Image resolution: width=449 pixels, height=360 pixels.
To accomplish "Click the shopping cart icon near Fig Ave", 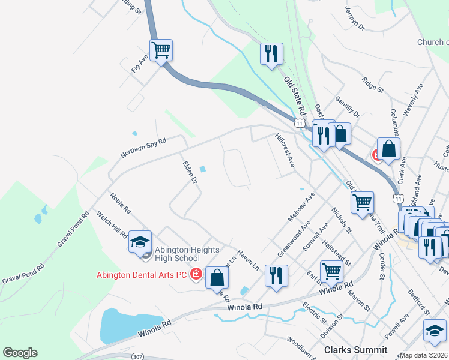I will tap(161, 50).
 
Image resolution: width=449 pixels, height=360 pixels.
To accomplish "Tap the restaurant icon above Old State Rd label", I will tap(271, 53).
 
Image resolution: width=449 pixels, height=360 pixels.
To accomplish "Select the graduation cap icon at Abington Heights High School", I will tap(140, 242).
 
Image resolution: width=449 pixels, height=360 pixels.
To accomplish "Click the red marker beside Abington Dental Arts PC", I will tap(195, 275).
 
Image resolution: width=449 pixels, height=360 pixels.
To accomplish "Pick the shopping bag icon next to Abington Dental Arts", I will tap(217, 278).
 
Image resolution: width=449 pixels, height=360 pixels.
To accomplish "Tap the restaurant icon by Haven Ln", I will tap(276, 275).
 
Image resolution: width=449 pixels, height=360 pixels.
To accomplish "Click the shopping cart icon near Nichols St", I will tap(331, 271).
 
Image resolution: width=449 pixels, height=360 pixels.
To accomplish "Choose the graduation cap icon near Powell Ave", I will tap(435, 331).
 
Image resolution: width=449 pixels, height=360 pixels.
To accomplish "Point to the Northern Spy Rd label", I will tap(143, 147).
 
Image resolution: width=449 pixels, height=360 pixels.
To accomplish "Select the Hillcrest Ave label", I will tap(285, 150).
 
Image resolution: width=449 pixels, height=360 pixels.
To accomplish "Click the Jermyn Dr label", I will tap(355, 18).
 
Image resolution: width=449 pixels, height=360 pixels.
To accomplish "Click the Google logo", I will tap(20, 353).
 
